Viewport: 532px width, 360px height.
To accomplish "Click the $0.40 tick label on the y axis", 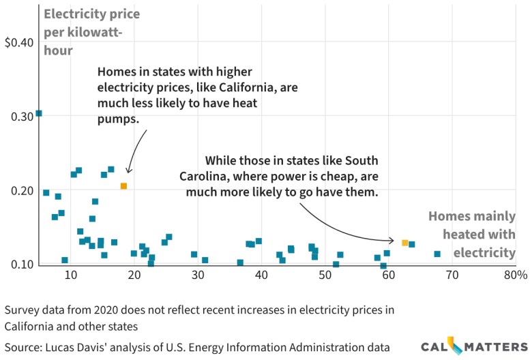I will click(18, 43).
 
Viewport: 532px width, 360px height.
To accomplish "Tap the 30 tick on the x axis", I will click(198, 275).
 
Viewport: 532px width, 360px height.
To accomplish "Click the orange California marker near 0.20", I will click(123, 186).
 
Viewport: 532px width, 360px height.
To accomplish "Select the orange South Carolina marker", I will click(405, 243).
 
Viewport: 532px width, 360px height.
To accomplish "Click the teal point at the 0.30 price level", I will click(39, 113).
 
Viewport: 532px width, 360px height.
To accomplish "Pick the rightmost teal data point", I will click(437, 254).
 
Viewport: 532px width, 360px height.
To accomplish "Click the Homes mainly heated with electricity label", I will click(471, 235).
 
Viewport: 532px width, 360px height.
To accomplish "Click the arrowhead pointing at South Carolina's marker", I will click(391, 240).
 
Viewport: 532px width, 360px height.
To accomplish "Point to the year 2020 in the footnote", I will click(102, 310).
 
